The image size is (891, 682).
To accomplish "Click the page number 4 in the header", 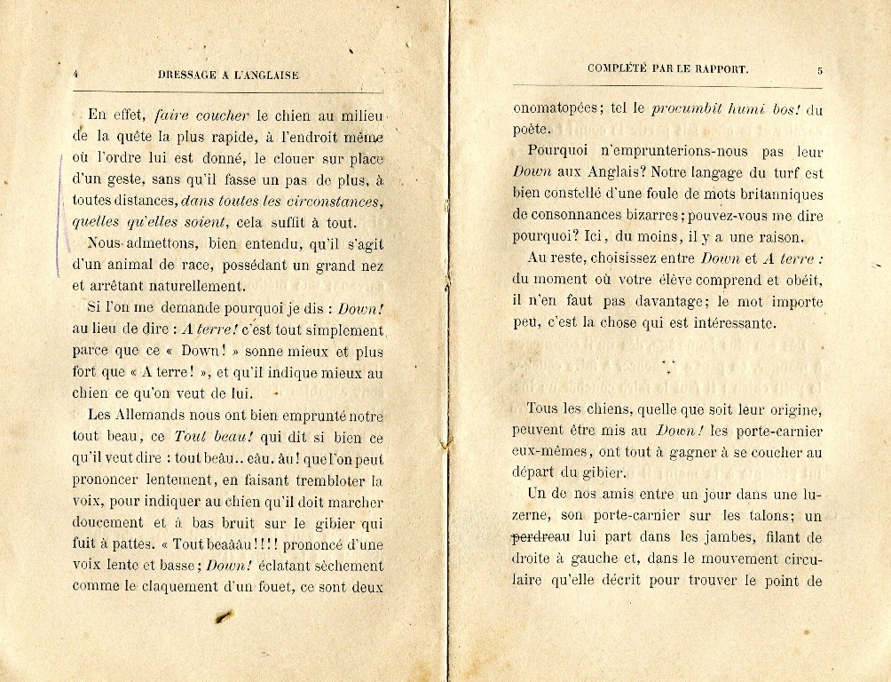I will click(76, 75).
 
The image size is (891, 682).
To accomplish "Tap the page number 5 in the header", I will click(820, 70).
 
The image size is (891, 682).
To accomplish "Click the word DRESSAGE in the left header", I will click(187, 75).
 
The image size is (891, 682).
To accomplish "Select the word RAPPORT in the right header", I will click(720, 68).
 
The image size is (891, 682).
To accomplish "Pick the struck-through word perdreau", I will click(540, 537).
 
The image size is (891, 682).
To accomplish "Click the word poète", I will click(532, 131).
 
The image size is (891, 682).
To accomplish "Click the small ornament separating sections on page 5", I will click(669, 362).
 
